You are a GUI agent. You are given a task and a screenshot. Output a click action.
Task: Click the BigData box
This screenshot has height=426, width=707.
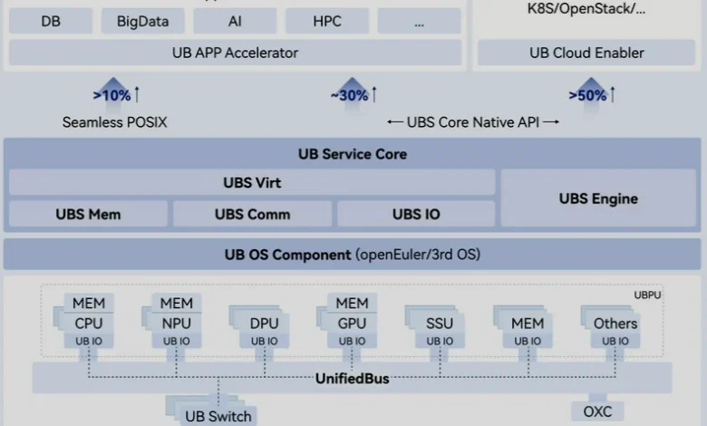[143, 21]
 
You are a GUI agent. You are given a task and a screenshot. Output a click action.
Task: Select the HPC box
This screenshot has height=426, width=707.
[327, 21]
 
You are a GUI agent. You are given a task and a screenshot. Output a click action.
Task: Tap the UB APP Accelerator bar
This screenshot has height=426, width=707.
[235, 53]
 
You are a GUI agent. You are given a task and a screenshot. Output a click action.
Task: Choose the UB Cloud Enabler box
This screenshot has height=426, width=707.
[586, 53]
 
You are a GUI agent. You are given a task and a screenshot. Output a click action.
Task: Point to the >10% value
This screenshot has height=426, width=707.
[111, 95]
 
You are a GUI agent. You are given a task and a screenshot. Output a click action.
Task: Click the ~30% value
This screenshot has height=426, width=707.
[350, 95]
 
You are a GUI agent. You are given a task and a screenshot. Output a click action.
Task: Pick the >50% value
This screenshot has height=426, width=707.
[587, 95]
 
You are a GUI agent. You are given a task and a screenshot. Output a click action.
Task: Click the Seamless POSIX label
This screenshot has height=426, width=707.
[114, 122]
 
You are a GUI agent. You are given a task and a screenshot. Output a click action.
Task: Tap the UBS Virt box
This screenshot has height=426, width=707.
[252, 182]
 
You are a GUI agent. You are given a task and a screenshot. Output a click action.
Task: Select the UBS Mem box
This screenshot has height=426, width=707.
[89, 214]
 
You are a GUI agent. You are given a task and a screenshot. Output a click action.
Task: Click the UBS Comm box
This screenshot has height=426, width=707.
[253, 214]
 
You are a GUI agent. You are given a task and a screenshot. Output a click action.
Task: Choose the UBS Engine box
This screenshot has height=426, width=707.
[598, 198]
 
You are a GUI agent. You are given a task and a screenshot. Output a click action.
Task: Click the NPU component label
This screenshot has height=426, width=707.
[177, 324]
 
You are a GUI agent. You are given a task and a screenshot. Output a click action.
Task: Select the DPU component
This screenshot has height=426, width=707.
[265, 327]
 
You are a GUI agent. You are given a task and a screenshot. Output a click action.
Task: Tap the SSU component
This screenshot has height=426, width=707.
[440, 327]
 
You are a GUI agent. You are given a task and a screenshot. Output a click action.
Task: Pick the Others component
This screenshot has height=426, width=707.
[615, 327]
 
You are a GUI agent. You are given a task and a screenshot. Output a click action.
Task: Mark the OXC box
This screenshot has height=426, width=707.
[597, 411]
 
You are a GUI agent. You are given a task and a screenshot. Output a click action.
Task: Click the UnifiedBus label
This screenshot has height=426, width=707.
[353, 379]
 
